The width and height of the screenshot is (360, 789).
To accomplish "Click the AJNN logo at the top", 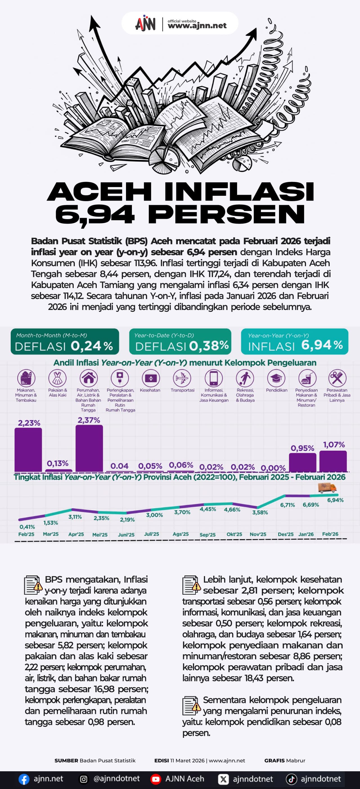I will [x=145, y=23].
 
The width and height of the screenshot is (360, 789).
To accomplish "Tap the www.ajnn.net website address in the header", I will [x=197, y=25].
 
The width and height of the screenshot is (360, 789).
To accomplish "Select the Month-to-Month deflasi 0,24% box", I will [x=65, y=341].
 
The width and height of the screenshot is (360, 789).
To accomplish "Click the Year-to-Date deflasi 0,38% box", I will [x=180, y=341].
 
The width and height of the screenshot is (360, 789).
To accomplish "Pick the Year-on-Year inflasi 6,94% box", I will [x=294, y=341].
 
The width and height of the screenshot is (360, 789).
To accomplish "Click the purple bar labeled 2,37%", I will [x=89, y=448].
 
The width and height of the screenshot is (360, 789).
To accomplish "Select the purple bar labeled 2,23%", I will [x=28, y=450].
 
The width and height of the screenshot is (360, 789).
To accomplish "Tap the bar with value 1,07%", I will [x=333, y=461].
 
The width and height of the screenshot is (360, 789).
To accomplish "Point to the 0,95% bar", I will [x=302, y=462].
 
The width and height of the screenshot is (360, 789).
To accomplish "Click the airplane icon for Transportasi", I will [x=182, y=378].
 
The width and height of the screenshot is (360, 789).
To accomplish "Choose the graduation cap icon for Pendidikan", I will [x=276, y=378].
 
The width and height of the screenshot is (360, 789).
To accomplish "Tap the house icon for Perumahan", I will [x=89, y=378].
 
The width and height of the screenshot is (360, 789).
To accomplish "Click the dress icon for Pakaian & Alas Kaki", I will [x=57, y=378].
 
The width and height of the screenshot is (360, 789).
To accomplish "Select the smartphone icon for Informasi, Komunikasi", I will [x=214, y=378].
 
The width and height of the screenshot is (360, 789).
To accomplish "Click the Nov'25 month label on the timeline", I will [x=258, y=534].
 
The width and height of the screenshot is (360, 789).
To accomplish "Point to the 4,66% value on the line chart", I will [x=232, y=510].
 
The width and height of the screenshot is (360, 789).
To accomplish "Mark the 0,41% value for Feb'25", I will [x=27, y=527].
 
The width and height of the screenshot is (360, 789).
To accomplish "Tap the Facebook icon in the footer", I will [x=24, y=779].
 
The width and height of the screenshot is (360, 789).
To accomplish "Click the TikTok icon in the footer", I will [x=291, y=779].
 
